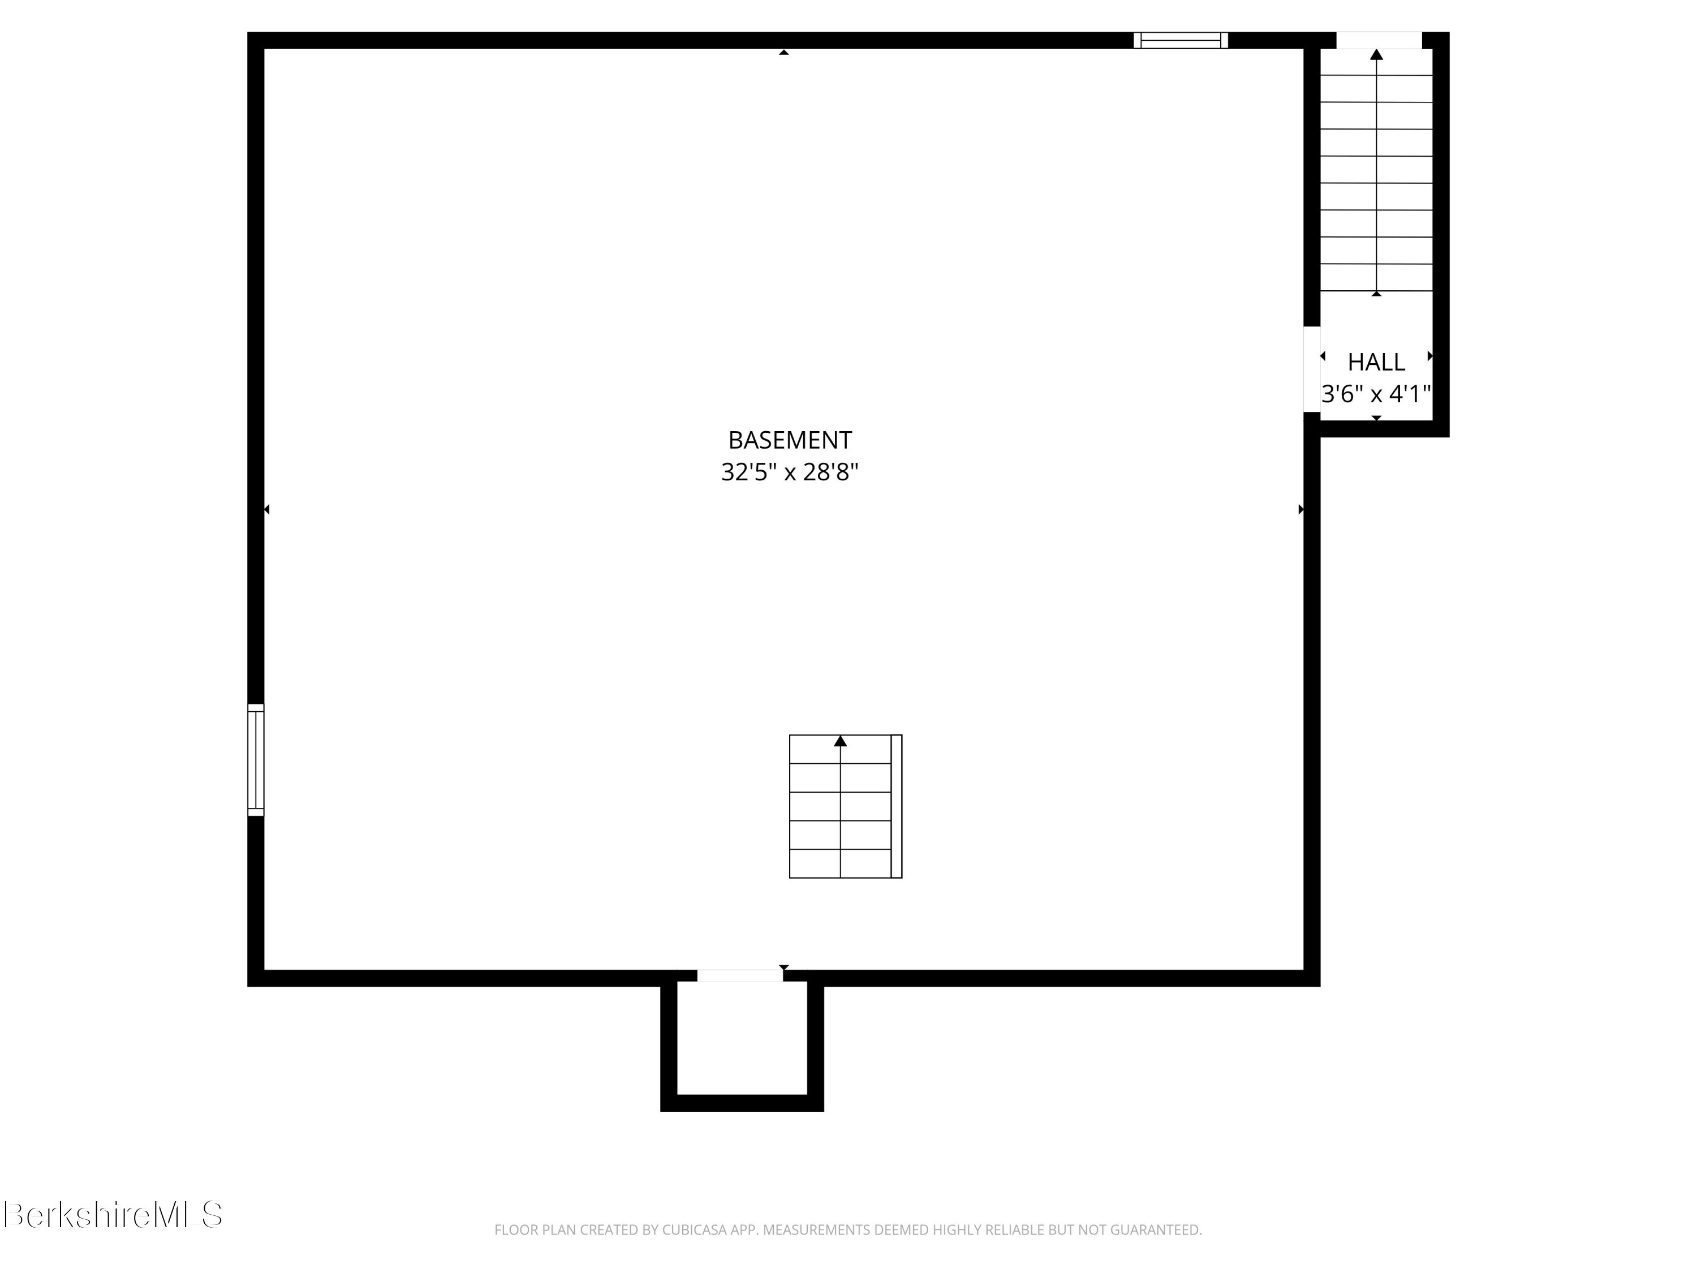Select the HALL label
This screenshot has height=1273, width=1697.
coord(1376,362)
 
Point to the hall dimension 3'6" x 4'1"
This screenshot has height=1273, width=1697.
coord(1376,394)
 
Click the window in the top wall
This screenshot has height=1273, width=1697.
coord(1181,41)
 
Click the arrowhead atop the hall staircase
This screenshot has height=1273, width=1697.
coord(1376,54)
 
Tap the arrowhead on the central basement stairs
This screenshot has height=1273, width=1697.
coord(840,741)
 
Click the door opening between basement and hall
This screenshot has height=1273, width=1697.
coord(1312,369)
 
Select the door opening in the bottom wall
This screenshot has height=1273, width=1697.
coord(739,975)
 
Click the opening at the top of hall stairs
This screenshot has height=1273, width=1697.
coord(1379,41)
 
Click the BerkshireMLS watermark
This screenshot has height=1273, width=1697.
coord(113,1215)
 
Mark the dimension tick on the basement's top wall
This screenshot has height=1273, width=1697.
coord(783,52)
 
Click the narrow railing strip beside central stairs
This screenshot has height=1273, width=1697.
coord(896,806)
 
